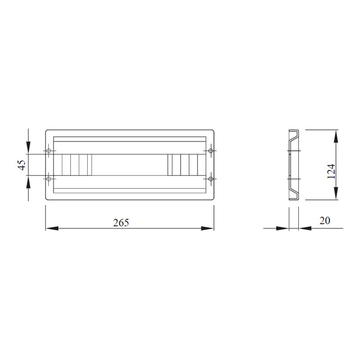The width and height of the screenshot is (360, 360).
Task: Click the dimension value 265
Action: point(121,222)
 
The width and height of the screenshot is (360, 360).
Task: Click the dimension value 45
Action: point(22,165)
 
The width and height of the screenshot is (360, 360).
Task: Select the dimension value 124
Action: point(331,171)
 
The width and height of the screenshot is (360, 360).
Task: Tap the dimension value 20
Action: point(324,220)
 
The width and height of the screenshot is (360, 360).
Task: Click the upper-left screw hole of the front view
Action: point(49,151)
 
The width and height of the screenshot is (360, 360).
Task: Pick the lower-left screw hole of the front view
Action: point(49,179)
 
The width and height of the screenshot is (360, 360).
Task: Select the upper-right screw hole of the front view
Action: point(211,151)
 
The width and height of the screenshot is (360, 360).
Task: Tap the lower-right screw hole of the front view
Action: point(211,179)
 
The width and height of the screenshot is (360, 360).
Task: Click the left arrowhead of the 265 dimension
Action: point(52,228)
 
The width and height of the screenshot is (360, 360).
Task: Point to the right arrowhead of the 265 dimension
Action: point(207,228)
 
